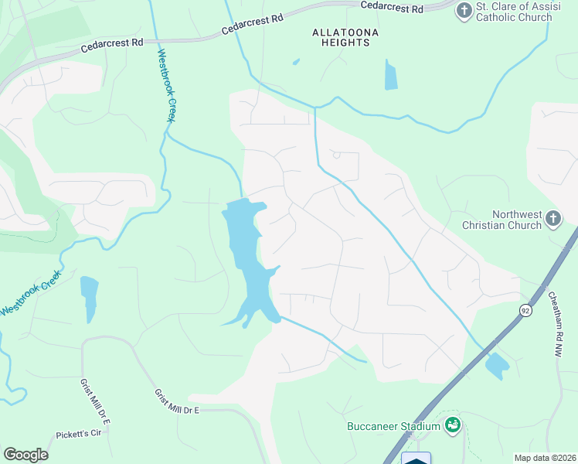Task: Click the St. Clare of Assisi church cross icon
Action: [464, 10]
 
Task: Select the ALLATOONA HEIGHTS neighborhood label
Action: [341, 37]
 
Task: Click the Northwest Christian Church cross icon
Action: [552, 219]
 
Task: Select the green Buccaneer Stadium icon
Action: [454, 425]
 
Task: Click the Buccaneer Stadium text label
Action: [393, 425]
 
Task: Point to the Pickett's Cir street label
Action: [79, 434]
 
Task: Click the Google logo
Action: [25, 455]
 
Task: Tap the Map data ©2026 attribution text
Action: [545, 458]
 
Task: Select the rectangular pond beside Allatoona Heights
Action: [390, 75]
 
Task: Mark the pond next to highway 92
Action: [495, 364]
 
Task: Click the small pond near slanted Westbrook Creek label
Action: [89, 297]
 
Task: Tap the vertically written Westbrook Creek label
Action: [167, 86]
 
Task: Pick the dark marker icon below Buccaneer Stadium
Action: [416, 458]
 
